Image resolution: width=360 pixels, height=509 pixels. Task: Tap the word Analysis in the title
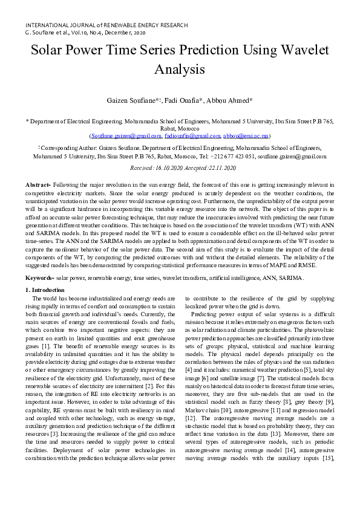pyautogui.click(x=180, y=70)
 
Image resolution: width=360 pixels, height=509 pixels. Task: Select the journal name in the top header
pyautogui.click(x=106, y=25)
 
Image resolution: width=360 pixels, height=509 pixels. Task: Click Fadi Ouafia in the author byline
pyautogui.click(x=185, y=100)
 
